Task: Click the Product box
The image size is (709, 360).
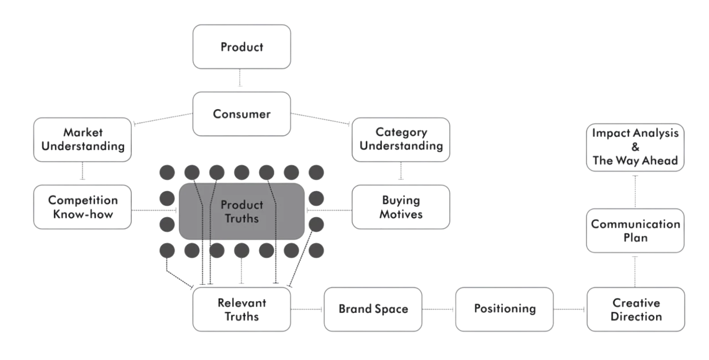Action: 242,47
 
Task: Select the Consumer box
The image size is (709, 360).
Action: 242,114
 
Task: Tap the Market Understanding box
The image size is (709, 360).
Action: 82,140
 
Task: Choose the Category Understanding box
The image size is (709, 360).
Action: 401,140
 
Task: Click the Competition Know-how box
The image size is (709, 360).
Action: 82,207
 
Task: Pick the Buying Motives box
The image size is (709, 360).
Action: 401,207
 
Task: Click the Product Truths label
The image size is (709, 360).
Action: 242,211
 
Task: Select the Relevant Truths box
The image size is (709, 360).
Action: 242,309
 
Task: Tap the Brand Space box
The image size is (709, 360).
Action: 374,308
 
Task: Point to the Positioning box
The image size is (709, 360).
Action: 504,308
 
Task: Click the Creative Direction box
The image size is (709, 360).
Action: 635,309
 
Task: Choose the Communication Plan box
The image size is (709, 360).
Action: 635,231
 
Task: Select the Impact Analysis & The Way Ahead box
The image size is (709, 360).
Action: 635,147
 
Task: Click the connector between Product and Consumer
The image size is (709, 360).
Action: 239,80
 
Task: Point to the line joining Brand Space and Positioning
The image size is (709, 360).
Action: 439,308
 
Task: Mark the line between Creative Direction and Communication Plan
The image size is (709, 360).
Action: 635,270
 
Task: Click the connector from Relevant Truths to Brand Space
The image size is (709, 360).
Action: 308,308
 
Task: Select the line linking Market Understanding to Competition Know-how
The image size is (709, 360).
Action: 82,172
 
